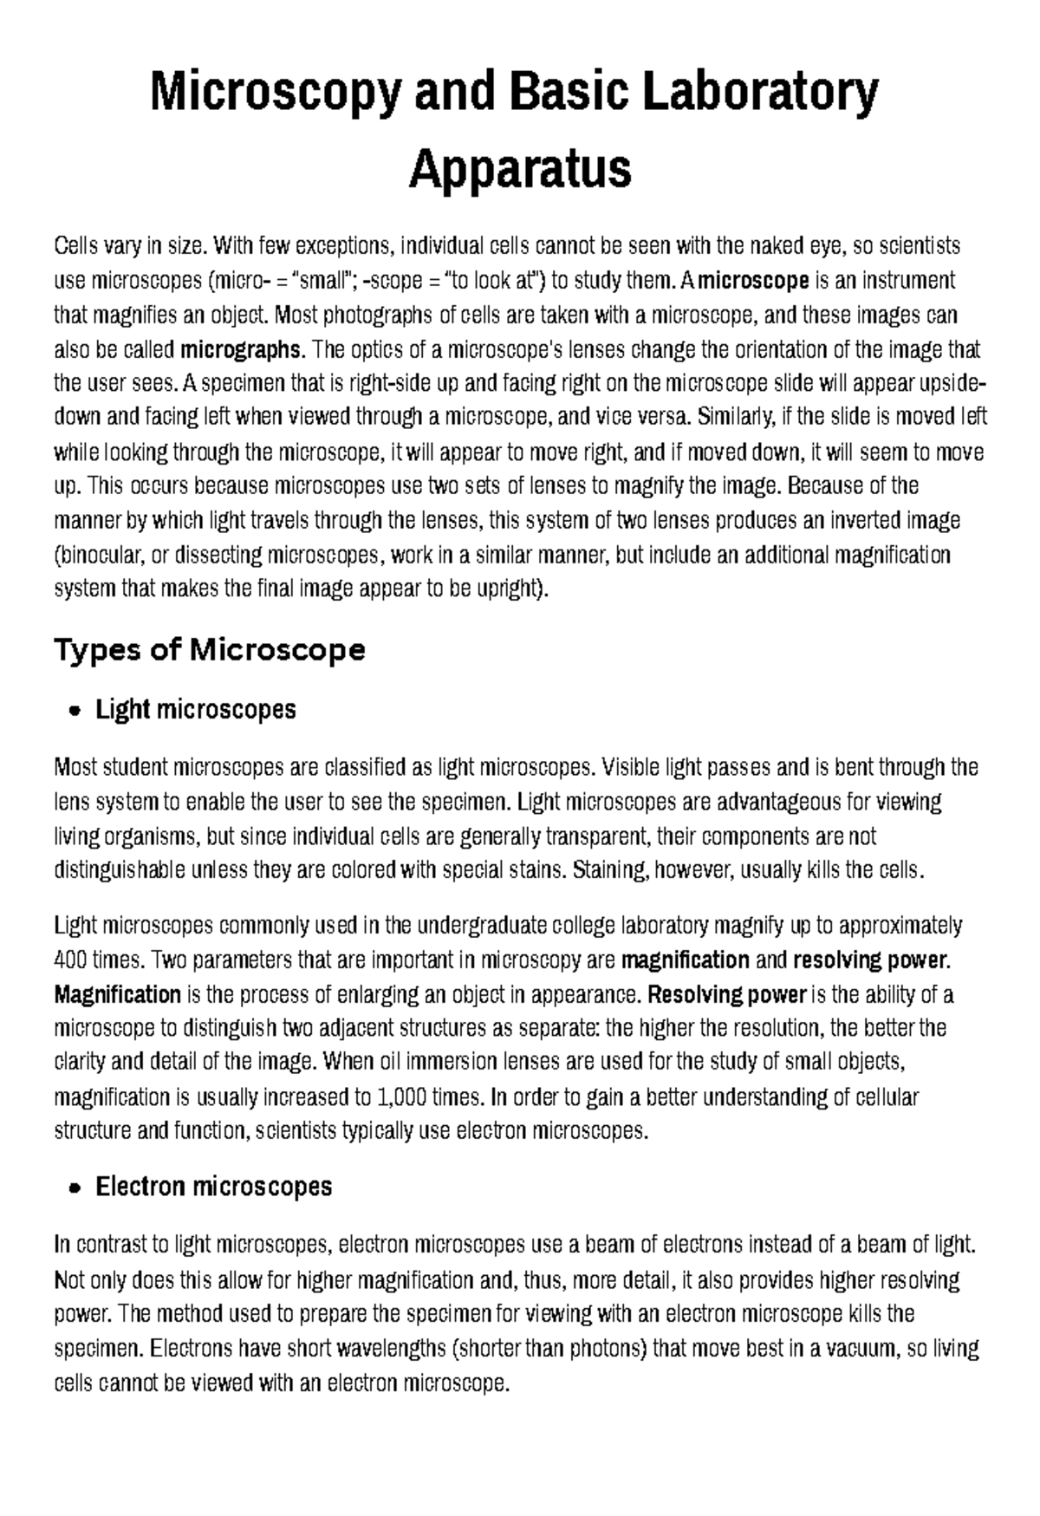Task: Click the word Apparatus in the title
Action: coord(520,169)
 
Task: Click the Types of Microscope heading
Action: coord(210,649)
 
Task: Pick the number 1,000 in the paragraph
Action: coord(404,1097)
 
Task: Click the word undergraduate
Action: coord(472,927)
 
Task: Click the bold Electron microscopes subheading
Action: coord(213,1187)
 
